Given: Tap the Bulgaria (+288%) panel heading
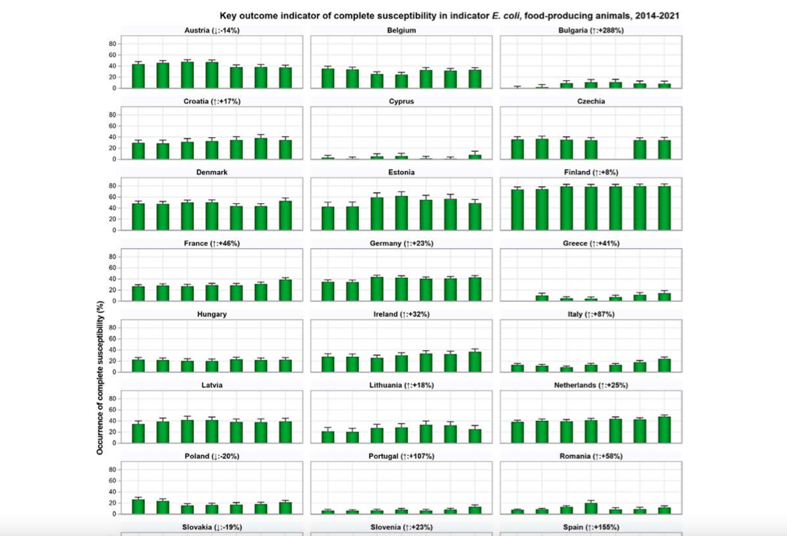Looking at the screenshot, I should pyautogui.click(x=591, y=30).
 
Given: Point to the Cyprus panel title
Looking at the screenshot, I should pyautogui.click(x=401, y=101).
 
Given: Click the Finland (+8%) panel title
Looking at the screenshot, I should pyautogui.click(x=591, y=172).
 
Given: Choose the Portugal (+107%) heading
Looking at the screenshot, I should pyautogui.click(x=401, y=456).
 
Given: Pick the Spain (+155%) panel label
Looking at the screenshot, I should pyautogui.click(x=591, y=527).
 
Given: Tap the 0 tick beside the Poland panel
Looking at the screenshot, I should pyautogui.click(x=114, y=514).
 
